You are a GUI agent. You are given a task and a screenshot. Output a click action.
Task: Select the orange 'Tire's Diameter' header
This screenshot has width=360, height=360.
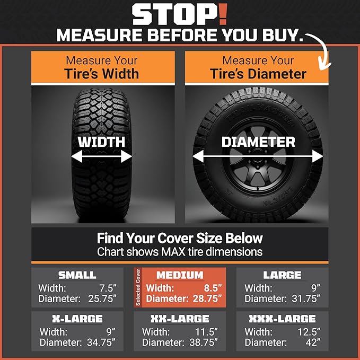(258, 67)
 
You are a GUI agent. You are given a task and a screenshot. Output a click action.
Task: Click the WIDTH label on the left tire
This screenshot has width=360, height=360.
(102, 142)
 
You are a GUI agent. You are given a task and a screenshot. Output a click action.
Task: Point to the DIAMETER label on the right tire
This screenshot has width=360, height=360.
(258, 142)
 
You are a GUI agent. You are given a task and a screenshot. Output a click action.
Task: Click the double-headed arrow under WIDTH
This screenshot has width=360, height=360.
(102, 157)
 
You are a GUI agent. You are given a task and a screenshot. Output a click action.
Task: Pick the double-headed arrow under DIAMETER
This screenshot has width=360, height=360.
(258, 157)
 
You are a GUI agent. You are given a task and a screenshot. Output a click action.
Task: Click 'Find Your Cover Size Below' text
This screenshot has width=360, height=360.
(180, 238)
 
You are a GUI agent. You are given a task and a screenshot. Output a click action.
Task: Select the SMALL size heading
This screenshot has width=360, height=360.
(77, 275)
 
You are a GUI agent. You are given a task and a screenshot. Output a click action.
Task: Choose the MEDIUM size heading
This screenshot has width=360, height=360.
(180, 275)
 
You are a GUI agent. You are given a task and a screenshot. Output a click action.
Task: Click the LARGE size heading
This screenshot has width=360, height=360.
(282, 275)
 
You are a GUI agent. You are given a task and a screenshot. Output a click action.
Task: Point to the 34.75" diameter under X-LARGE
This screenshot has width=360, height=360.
(101, 343)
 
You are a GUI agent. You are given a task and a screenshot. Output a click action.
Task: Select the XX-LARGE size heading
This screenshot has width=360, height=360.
(180, 319)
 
